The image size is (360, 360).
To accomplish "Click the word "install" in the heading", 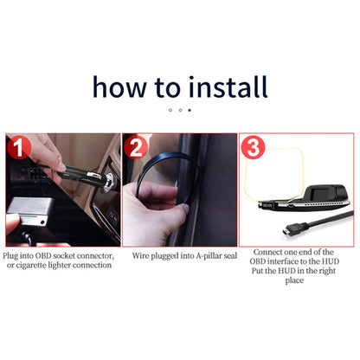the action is (x=228, y=87).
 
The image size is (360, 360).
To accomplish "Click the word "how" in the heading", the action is (x=119, y=87).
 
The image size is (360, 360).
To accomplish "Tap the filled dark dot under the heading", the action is (x=190, y=110).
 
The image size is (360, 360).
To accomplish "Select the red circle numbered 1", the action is (x=19, y=147).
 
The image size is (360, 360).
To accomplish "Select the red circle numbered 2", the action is (x=136, y=147).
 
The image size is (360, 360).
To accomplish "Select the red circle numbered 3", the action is (x=253, y=147).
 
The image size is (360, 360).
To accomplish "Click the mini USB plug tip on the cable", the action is (x=286, y=231).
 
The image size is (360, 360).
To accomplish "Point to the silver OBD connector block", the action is (x=28, y=210).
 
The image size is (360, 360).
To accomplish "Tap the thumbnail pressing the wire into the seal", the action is (x=185, y=209).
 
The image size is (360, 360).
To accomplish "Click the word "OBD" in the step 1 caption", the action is (x=43, y=255).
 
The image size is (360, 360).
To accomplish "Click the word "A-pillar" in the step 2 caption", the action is (x=209, y=255).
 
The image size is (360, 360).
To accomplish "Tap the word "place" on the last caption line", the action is (x=294, y=280).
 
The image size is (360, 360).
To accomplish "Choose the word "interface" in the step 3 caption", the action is (x=282, y=261).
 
